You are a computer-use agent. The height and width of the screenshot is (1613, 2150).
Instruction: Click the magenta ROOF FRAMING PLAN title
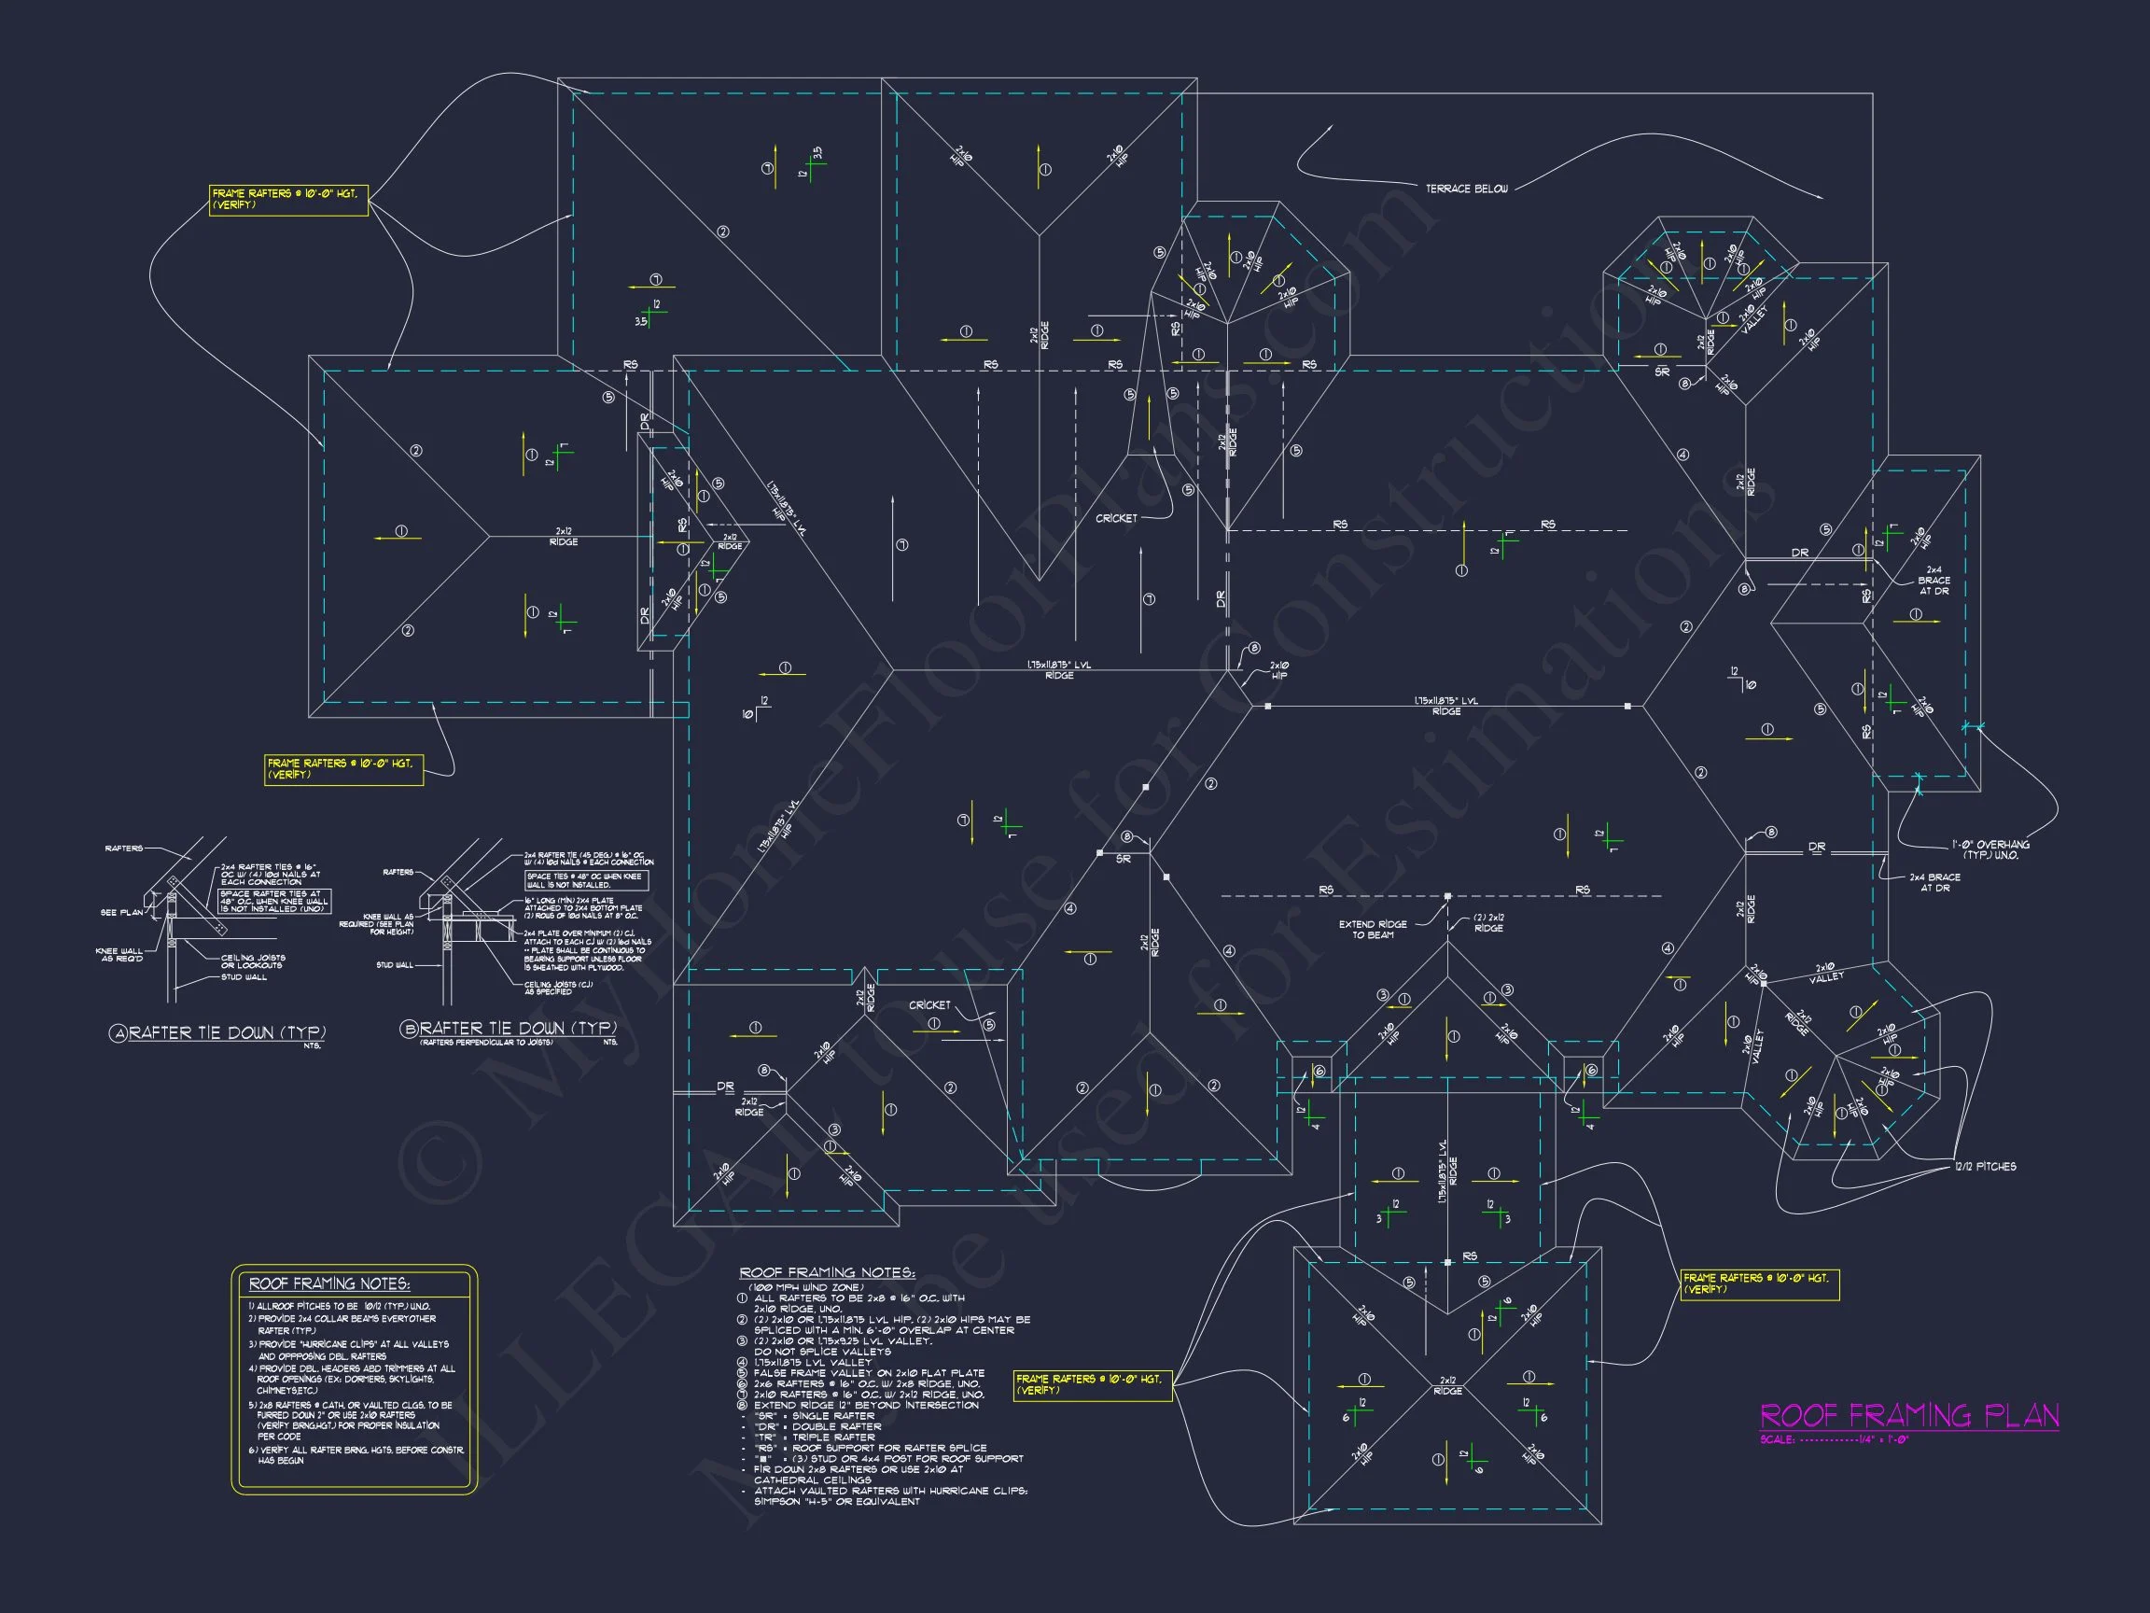(x=1909, y=1416)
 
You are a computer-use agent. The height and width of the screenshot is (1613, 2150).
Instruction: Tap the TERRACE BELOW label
(x=1466, y=189)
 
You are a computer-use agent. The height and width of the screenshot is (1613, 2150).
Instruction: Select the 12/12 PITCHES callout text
(x=1985, y=1166)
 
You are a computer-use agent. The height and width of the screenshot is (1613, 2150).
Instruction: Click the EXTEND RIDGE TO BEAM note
(x=1372, y=930)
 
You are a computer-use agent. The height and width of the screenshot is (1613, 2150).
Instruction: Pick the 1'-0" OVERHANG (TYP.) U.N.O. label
(x=1989, y=849)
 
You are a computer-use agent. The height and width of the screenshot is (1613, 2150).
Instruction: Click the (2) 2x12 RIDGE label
(x=1488, y=922)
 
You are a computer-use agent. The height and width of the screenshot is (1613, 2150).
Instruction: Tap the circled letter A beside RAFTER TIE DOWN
(x=119, y=1033)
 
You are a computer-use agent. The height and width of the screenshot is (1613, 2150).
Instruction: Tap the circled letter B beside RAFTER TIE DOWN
(x=410, y=1030)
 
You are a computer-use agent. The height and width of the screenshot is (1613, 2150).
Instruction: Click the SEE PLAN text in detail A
(x=121, y=912)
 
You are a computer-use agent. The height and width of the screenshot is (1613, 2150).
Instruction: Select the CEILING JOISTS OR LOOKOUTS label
(x=253, y=961)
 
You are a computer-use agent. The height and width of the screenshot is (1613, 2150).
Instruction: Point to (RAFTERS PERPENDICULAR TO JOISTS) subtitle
(x=486, y=1043)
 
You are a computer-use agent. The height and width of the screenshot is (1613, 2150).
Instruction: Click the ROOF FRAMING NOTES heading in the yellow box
(x=329, y=1283)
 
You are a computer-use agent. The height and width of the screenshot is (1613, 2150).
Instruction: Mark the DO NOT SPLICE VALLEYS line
(x=822, y=1352)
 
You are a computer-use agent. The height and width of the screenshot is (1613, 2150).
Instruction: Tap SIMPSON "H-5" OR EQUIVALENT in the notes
(x=836, y=1502)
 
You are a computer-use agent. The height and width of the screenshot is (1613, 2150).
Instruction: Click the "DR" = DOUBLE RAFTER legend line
(x=817, y=1426)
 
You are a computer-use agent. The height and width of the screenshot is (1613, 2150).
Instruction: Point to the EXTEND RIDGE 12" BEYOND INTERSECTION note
(x=866, y=1405)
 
